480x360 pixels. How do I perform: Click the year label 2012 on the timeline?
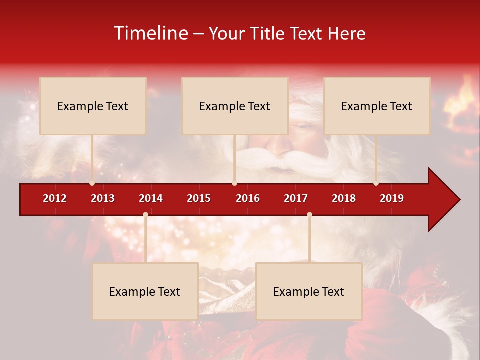[55, 198]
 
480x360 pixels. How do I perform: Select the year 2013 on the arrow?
[103, 198]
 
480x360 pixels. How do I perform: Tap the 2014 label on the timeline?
[151, 198]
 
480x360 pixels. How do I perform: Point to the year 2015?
[199, 198]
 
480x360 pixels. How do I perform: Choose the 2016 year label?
[248, 198]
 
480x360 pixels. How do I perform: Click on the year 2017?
[296, 198]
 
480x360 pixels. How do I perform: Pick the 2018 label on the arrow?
[344, 198]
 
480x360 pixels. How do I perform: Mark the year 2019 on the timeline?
[392, 198]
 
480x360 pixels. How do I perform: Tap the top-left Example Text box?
[93, 106]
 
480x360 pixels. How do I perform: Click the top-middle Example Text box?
[235, 106]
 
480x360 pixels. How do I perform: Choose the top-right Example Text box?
[377, 106]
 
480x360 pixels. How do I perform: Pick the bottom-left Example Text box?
[145, 291]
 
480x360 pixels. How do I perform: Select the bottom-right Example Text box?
[309, 291]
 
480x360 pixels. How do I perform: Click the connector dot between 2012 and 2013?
[92, 183]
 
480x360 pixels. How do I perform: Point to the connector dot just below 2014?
[145, 214]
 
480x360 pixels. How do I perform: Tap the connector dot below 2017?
[309, 214]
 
